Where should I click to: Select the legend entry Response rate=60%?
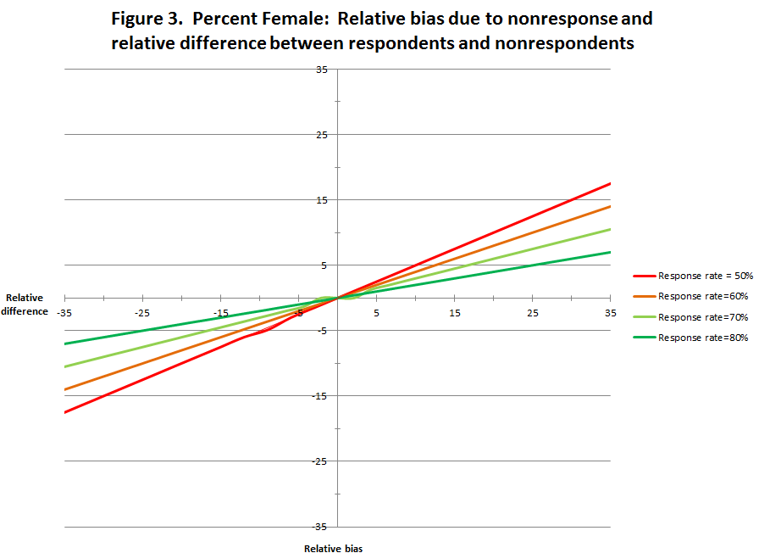tap(690, 296)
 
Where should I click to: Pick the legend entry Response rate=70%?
tap(690, 317)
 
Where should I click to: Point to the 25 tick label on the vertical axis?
tap(322, 134)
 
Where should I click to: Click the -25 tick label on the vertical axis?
tap(320, 461)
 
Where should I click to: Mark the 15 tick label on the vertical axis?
tap(322, 199)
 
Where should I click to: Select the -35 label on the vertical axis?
tap(320, 526)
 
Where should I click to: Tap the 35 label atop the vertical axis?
tap(322, 69)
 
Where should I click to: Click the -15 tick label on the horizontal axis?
tap(220, 313)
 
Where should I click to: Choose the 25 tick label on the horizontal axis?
tap(533, 313)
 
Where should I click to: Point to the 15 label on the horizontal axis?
tap(455, 313)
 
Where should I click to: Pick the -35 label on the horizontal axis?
tap(64, 313)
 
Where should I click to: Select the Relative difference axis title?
tap(25, 304)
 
